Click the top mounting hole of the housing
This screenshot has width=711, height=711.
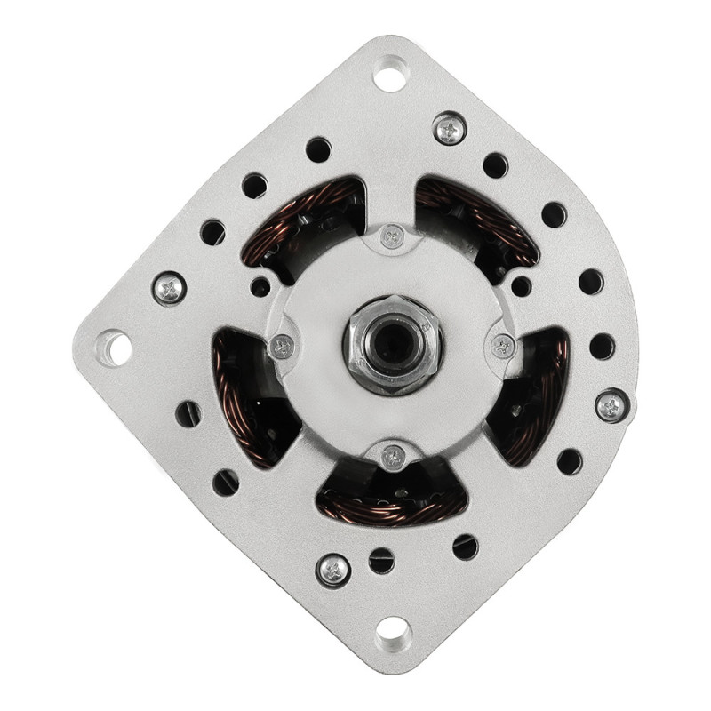390,73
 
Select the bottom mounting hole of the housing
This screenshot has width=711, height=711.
392,633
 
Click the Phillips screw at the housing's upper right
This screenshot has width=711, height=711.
451,129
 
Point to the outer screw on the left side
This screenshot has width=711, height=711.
169,287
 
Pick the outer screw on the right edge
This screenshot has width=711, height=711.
611,405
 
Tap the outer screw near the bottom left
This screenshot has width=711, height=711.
333,570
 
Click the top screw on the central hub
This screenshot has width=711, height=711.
392,236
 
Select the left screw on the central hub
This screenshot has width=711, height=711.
283,347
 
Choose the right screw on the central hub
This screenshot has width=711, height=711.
503,346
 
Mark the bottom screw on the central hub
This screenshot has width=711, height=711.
393,457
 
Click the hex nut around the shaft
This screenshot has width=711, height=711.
393,345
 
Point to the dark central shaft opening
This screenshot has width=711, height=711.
393,345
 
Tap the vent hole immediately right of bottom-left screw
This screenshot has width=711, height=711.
381,560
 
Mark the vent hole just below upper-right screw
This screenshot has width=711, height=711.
495,165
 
